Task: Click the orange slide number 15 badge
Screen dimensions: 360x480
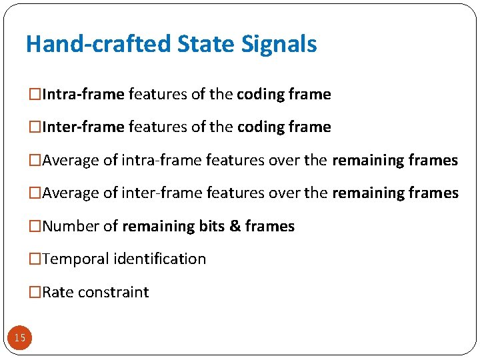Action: pos(20,338)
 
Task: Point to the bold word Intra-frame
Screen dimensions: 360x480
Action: pos(83,95)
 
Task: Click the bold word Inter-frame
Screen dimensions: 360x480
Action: pos(83,127)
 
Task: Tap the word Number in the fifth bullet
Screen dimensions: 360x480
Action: pos(71,227)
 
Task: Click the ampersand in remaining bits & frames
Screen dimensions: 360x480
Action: pos(235,227)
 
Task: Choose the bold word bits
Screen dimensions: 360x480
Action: pos(212,227)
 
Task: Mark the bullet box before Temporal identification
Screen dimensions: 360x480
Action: pos(35,259)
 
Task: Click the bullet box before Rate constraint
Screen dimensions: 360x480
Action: pos(35,293)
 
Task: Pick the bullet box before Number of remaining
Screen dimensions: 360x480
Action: pos(35,227)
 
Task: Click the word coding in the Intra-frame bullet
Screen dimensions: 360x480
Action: pos(261,95)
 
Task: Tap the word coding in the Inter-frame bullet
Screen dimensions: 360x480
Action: pos(261,127)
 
